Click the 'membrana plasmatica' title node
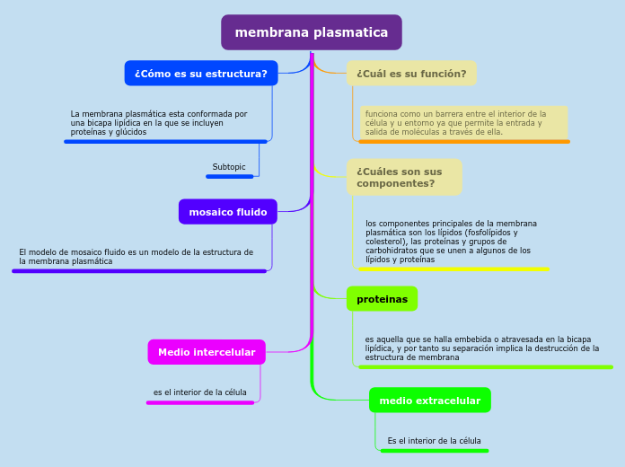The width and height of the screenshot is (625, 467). coord(312,32)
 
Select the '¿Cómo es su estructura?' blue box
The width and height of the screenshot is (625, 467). coord(201,74)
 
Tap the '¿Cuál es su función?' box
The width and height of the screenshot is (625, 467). coord(411,74)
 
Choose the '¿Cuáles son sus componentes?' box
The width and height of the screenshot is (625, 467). coord(404,177)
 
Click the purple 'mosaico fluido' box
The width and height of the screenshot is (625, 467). coord(228,212)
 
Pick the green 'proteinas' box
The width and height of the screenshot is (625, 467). coord(382,299)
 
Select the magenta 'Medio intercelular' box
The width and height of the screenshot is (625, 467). coord(207,352)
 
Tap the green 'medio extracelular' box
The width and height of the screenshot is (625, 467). coord(429,401)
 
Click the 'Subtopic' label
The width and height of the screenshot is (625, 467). coord(229,167)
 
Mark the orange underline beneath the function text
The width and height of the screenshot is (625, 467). coord(463,141)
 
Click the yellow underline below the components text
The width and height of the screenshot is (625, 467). coord(453,269)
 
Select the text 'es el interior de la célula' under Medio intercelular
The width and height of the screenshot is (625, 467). coord(199,392)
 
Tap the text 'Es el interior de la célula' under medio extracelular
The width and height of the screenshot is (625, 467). coord(434,441)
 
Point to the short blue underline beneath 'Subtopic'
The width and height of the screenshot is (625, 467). coord(229,176)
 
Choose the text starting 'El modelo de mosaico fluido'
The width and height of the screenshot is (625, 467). coord(136,257)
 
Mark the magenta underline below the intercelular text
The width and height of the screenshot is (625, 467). coord(200,402)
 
